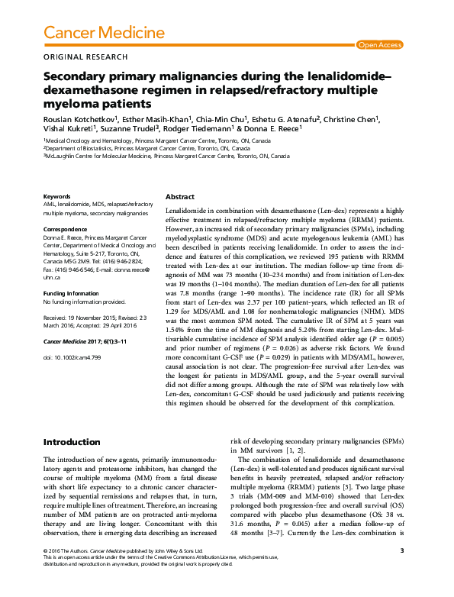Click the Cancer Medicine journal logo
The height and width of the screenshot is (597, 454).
tap(103, 32)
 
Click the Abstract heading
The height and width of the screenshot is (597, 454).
tap(181, 196)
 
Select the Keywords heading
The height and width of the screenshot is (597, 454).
tap(57, 196)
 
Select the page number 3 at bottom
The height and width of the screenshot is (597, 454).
tap(401, 571)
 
